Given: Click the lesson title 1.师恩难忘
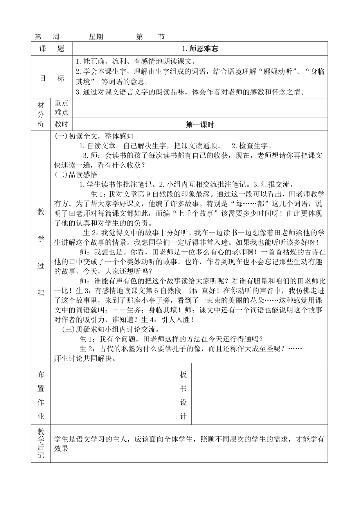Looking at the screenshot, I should click(200, 49).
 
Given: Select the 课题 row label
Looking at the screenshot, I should click(52, 49).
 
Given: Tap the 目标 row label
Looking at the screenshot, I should click(52, 78).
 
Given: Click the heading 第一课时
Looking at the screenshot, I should click(200, 125).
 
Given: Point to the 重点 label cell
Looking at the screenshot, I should click(62, 103).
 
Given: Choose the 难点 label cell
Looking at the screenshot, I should click(62, 113).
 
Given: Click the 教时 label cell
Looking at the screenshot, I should click(62, 125).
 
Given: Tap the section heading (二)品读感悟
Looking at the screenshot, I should click(76, 175).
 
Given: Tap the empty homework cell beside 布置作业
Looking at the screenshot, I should click(113, 394).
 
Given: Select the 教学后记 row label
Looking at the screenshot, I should click(41, 443).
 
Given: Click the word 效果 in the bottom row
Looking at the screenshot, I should click(61, 449).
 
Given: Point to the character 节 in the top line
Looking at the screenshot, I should click(161, 37).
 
